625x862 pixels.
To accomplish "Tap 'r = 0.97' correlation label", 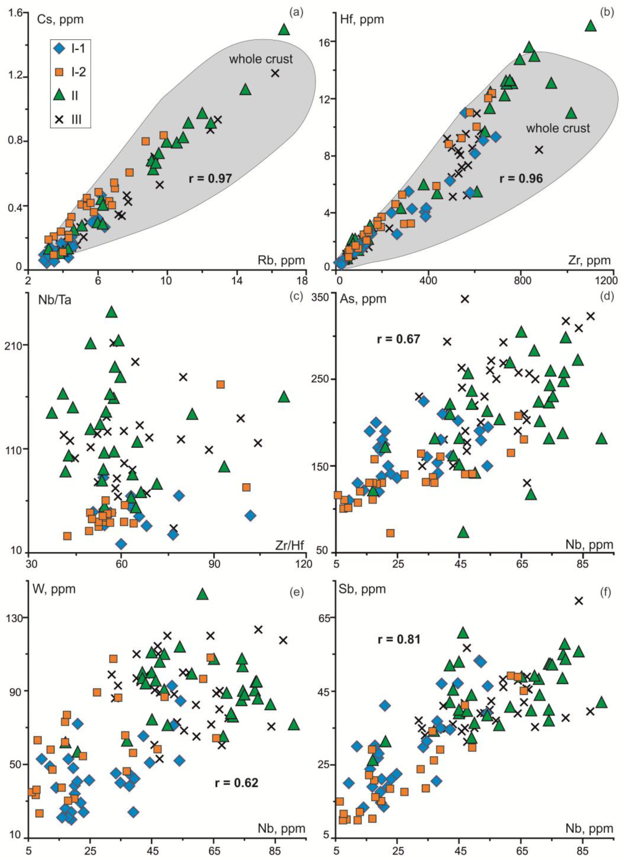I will click(210, 178).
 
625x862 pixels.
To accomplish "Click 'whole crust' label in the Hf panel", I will click(558, 128).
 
